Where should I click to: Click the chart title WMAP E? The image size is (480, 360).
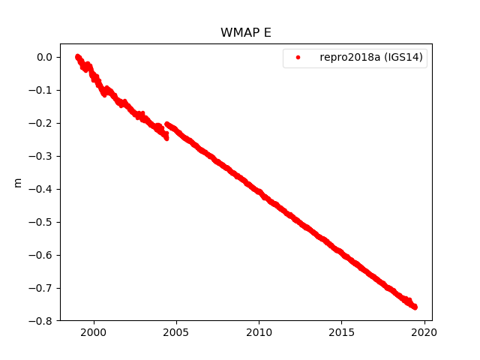tap(240, 33)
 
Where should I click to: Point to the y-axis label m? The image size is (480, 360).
tap(19, 182)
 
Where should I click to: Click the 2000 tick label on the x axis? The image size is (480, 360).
tap(93, 332)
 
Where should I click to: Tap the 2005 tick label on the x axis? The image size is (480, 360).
tap(175, 332)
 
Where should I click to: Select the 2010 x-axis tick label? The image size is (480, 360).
tap(259, 332)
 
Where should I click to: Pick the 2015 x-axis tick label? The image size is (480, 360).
tap(341, 332)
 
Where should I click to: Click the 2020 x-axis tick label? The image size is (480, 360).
tap(424, 332)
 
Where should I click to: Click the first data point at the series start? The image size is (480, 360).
tap(77, 56)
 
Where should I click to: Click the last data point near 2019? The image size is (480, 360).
tap(415, 307)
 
